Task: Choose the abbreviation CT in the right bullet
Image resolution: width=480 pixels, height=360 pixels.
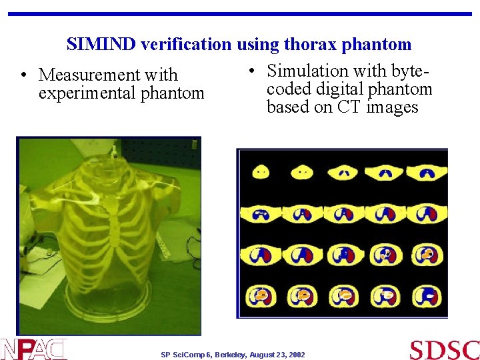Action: click(349, 107)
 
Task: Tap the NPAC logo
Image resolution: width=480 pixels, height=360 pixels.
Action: click(34, 349)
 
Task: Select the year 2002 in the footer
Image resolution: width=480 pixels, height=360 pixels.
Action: click(295, 355)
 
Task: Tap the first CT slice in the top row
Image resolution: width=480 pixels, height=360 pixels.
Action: click(261, 171)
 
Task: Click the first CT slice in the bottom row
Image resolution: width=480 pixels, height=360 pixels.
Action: click(261, 294)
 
